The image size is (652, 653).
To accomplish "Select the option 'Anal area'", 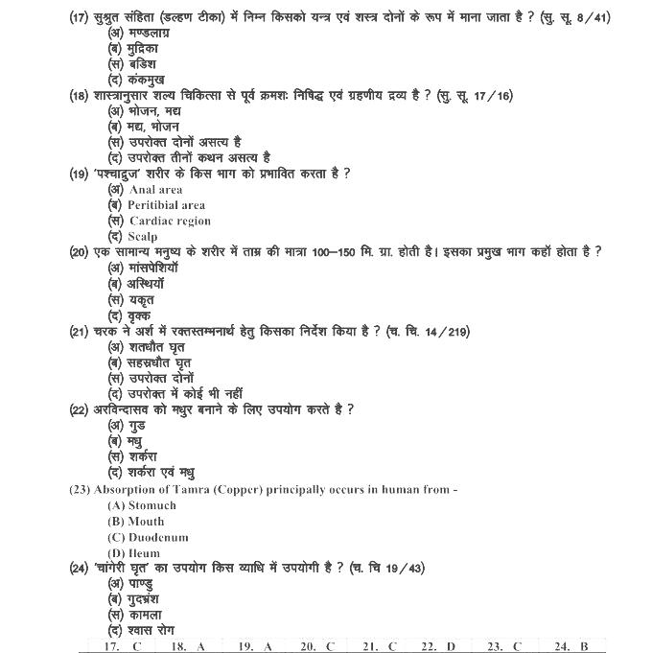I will (x=155, y=190).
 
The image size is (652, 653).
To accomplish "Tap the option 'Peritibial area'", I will (x=166, y=205).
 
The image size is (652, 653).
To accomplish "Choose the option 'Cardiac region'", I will (x=170, y=221).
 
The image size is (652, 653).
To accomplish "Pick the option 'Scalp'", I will (x=143, y=236).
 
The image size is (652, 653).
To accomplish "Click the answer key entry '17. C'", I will (x=122, y=646).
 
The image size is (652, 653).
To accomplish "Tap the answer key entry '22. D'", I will (x=438, y=646).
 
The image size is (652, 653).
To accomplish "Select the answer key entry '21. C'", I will (x=379, y=646).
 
